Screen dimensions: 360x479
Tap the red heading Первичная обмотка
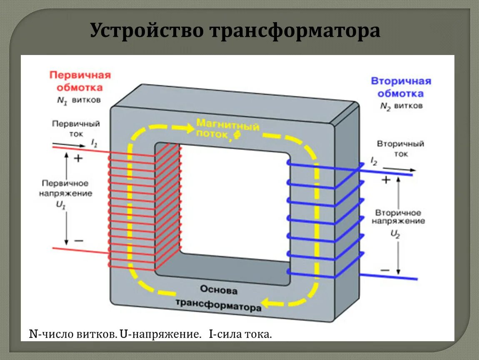pyautogui.click(x=80, y=81)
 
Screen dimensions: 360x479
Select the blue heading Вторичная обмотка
pyautogui.click(x=401, y=87)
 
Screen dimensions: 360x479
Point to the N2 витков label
pyautogui.click(x=401, y=106)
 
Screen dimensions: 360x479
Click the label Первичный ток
pyautogui.click(x=76, y=129)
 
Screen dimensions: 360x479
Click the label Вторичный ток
pyautogui.click(x=400, y=149)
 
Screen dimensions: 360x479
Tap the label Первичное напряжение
pyautogui.click(x=66, y=188)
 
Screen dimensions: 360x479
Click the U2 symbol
pyautogui.click(x=395, y=234)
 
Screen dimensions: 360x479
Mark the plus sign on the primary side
pyautogui.click(x=78, y=159)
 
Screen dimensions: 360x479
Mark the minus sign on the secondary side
pyautogui.click(x=385, y=270)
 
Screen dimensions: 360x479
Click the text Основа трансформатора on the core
pyautogui.click(x=219, y=297)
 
